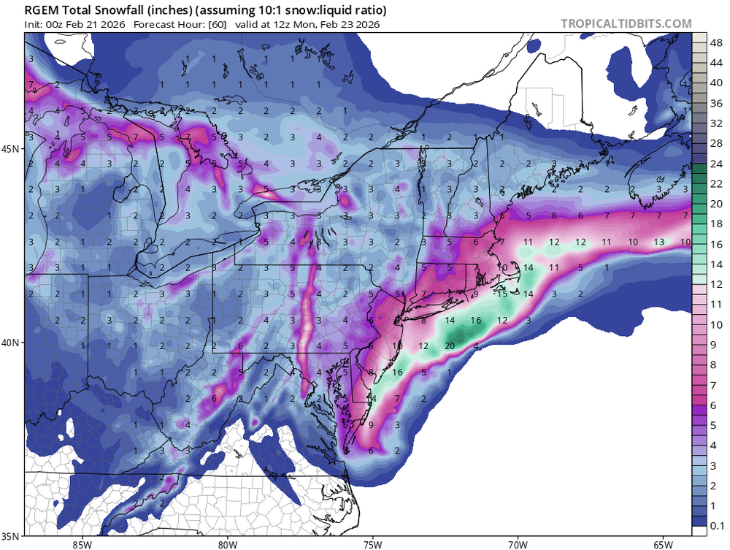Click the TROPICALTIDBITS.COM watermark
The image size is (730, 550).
tap(626, 24)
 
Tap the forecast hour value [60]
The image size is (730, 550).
tap(218, 24)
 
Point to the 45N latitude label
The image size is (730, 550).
tap(12, 149)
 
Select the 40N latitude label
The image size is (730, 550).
tap(12, 343)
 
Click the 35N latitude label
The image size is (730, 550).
tap(12, 536)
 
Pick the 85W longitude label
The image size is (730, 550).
tap(82, 543)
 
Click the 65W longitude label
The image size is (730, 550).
tap(663, 543)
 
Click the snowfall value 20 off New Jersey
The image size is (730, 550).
tap(450, 346)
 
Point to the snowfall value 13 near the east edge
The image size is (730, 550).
tap(659, 242)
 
